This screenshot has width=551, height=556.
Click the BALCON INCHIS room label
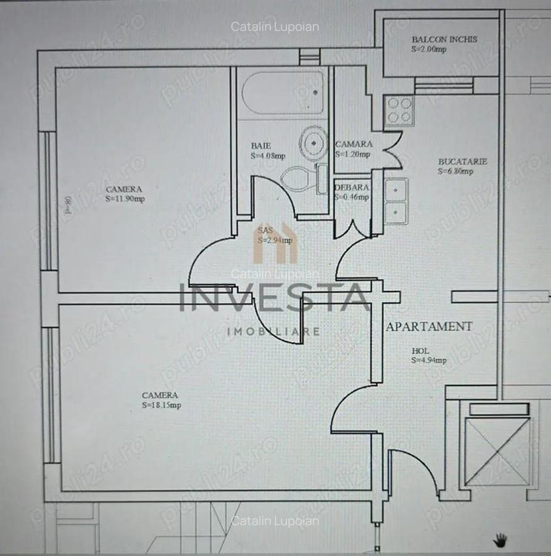pyautogui.click(x=444, y=40)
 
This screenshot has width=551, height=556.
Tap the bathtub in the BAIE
pyautogui.click(x=283, y=93)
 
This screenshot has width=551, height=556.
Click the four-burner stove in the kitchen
pyautogui.click(x=399, y=110)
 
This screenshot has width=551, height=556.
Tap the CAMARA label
pyautogui.click(x=354, y=144)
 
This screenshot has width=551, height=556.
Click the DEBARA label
pyautogui.click(x=352, y=187)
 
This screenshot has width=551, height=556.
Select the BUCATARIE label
pyautogui.click(x=463, y=161)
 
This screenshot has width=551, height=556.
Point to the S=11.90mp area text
pyautogui.click(x=125, y=199)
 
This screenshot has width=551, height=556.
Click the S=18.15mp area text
pyautogui.click(x=161, y=405)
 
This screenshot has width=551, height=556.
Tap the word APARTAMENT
pyautogui.click(x=429, y=326)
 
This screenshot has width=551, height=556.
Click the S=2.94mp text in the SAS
pyautogui.click(x=275, y=240)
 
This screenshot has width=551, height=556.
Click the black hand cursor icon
pyautogui.click(x=500, y=539)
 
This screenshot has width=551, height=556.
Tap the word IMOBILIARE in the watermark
pyautogui.click(x=274, y=332)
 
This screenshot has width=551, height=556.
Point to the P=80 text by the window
pyautogui.click(x=68, y=204)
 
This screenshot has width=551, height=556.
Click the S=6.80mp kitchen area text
pyautogui.click(x=456, y=171)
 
